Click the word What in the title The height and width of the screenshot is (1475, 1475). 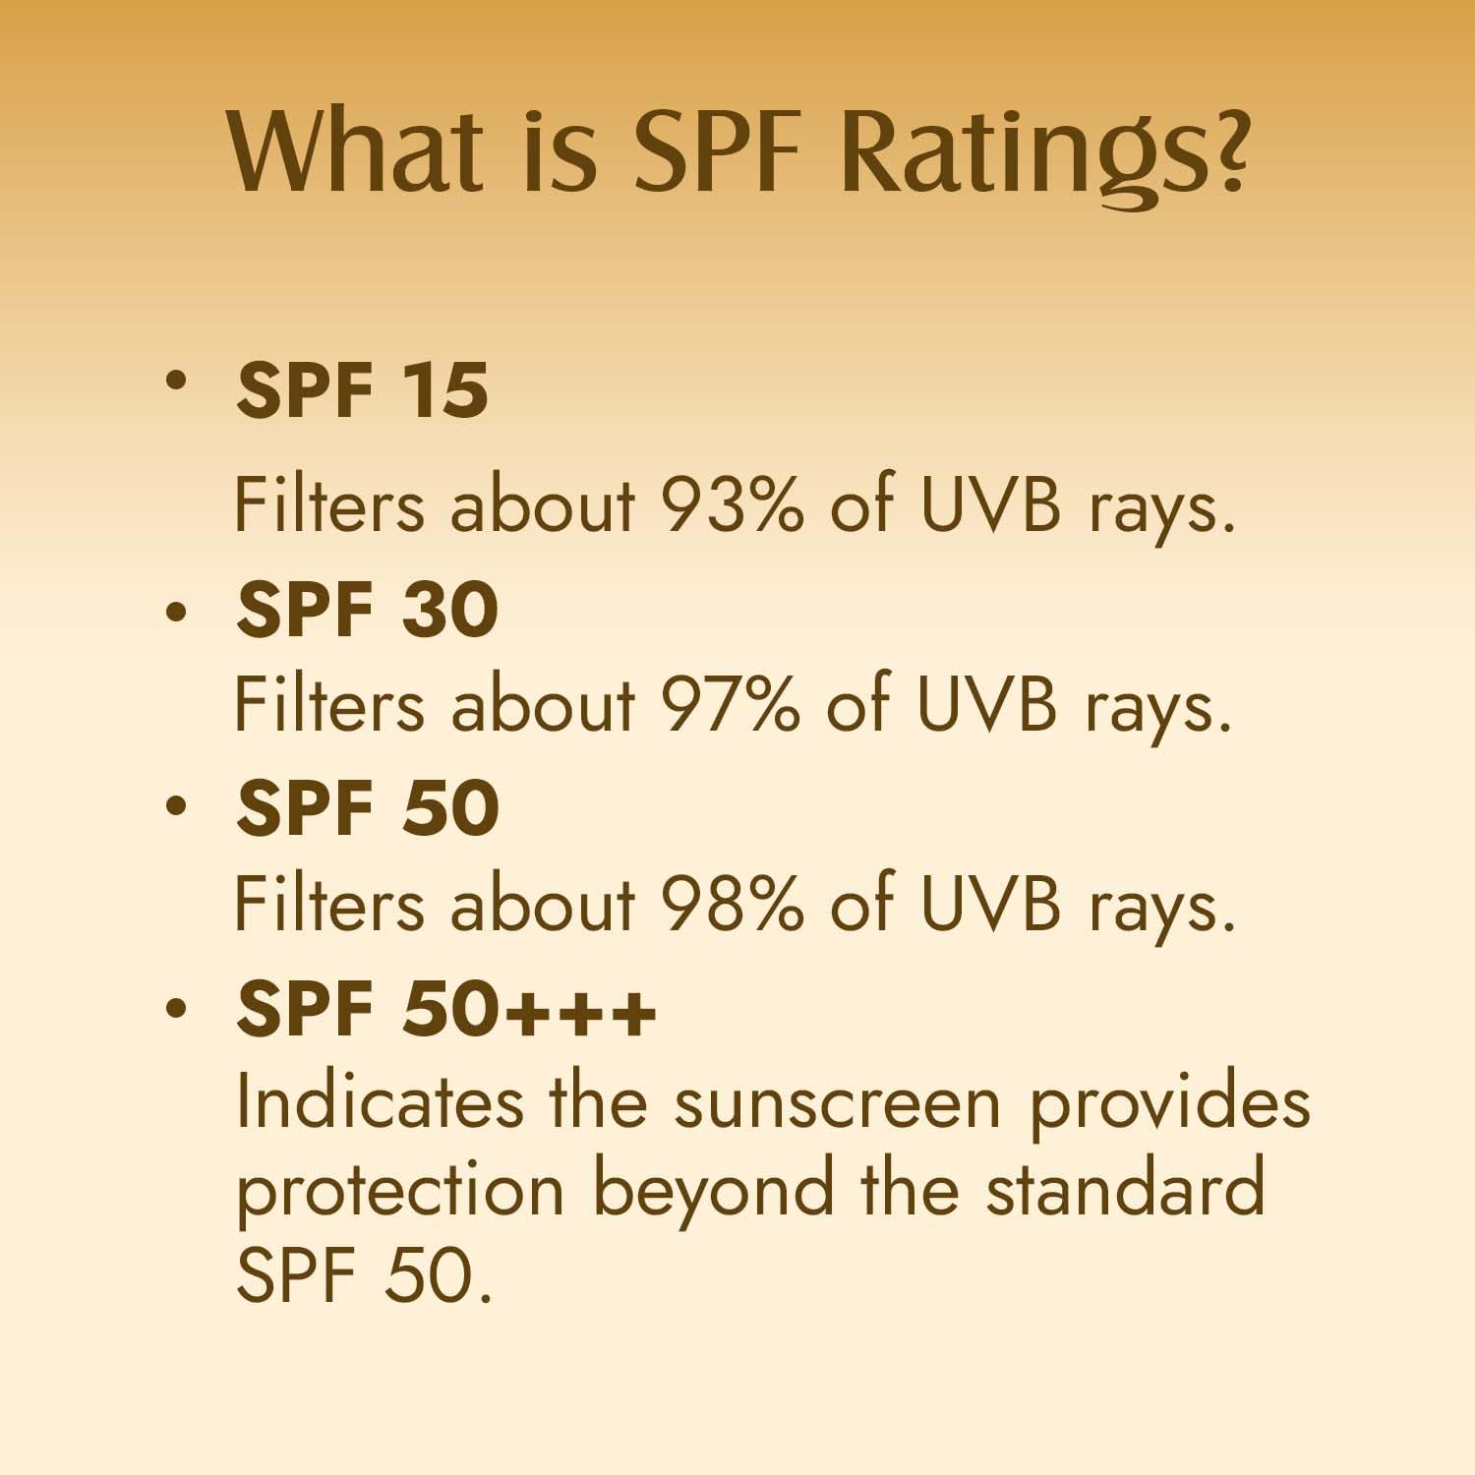[357, 150]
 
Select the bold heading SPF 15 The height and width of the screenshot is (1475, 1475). [362, 390]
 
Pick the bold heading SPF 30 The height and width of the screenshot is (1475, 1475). [367, 609]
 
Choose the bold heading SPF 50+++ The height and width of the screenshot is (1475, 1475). [445, 1008]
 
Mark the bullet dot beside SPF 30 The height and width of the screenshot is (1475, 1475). [176, 611]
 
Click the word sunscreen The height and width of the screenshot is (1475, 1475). [838, 1104]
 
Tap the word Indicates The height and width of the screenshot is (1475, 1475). [380, 1100]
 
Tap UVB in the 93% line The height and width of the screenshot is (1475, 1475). [990, 506]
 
